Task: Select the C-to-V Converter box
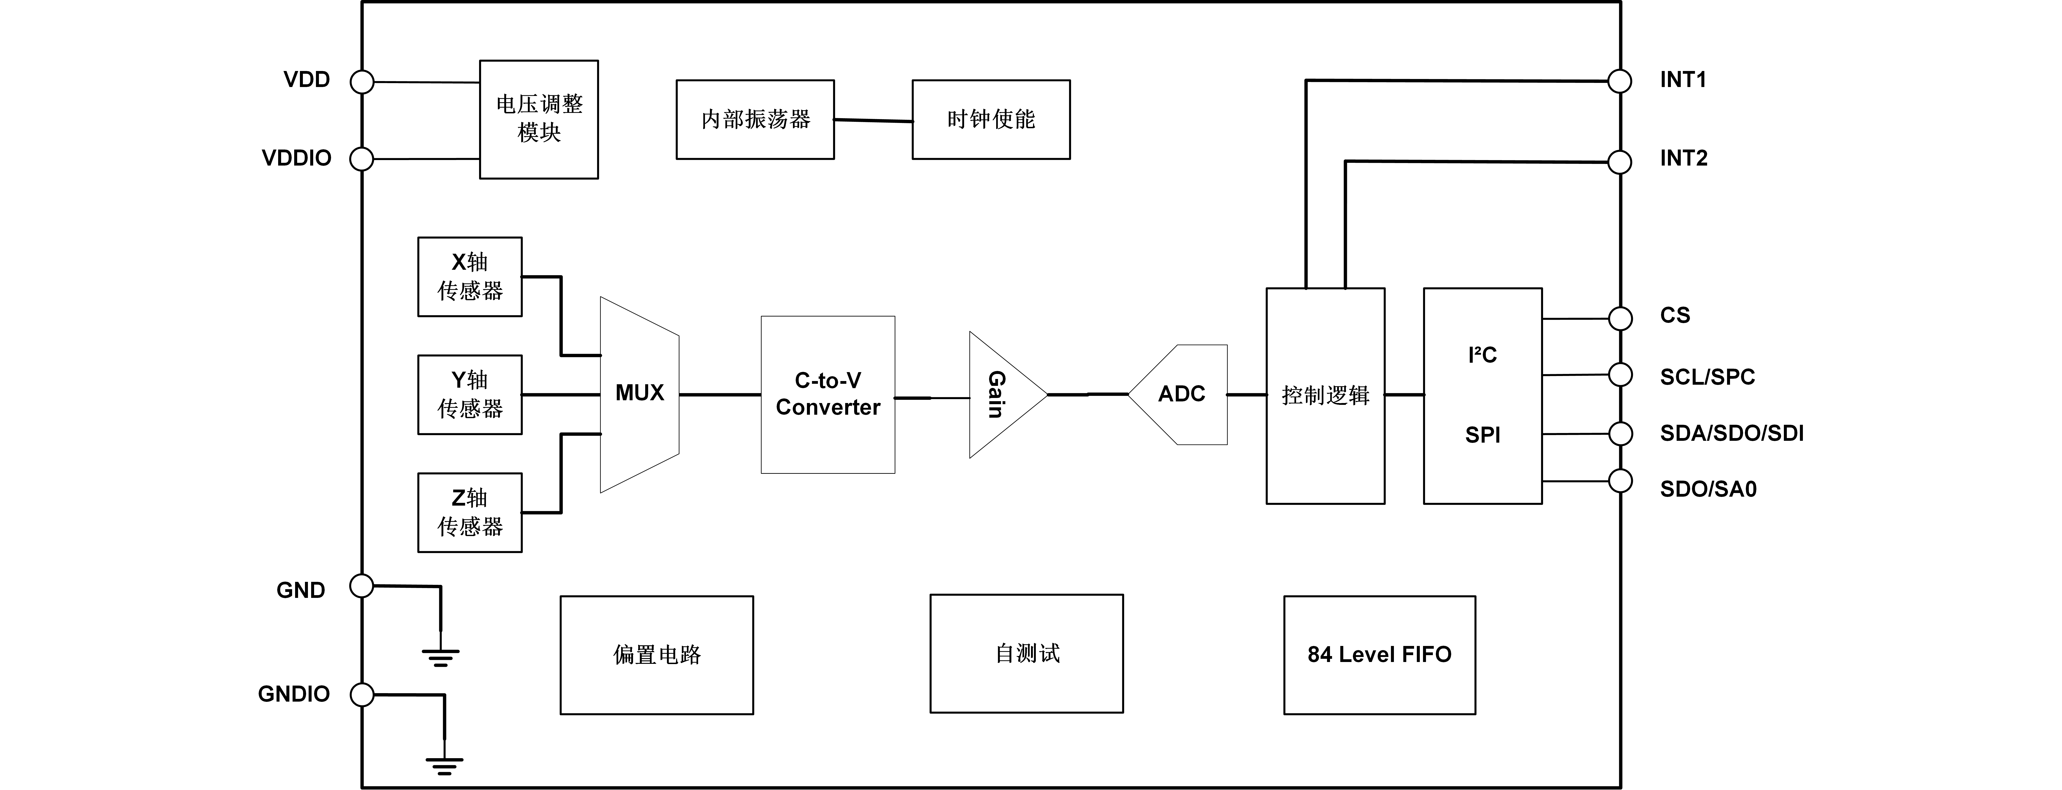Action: (x=828, y=395)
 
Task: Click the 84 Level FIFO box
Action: (x=1379, y=655)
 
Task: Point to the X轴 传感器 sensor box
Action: (x=470, y=277)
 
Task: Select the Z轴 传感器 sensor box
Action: (x=470, y=512)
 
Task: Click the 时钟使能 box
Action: (x=991, y=119)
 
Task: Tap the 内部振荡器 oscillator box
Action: (x=755, y=119)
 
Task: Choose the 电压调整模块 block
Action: (x=539, y=119)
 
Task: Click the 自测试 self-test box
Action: (x=1026, y=653)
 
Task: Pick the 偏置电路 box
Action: (x=656, y=655)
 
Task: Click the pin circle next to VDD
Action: (x=363, y=82)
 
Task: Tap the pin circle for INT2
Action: (x=1620, y=162)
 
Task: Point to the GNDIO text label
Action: (x=294, y=694)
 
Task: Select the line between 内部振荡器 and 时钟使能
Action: (x=873, y=121)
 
